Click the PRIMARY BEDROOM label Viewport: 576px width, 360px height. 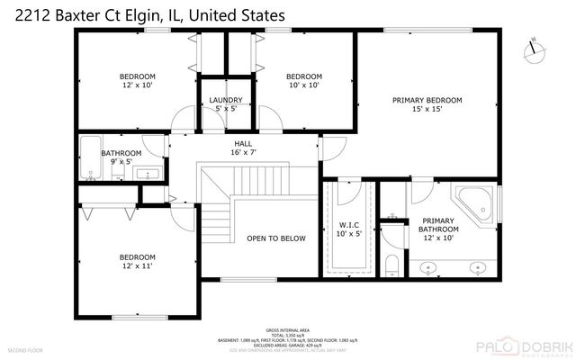pyautogui.click(x=427, y=100)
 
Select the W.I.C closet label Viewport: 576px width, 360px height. pyautogui.click(x=349, y=225)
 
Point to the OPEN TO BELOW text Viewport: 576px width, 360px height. pyautogui.click(x=276, y=238)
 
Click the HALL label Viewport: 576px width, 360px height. pyautogui.click(x=244, y=143)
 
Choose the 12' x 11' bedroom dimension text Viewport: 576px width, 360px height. pyautogui.click(x=138, y=266)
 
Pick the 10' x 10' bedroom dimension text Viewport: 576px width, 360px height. pyautogui.click(x=303, y=86)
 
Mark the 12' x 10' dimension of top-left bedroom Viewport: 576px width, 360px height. pyautogui.click(x=138, y=86)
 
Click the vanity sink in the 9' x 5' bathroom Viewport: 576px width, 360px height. pyautogui.click(x=149, y=173)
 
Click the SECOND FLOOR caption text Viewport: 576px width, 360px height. pyautogui.click(x=24, y=348)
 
